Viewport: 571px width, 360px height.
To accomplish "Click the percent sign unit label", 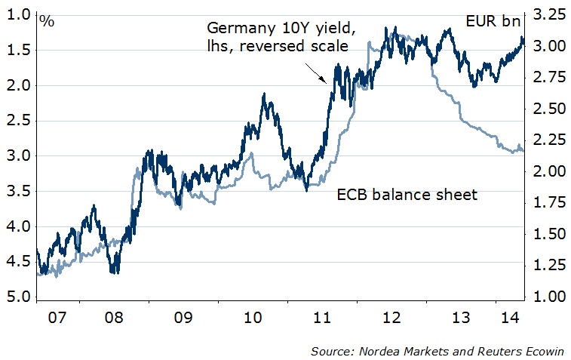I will [x=47, y=21].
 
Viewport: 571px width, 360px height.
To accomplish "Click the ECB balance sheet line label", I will [x=407, y=195].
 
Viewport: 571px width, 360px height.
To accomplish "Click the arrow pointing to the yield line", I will [x=315, y=72].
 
